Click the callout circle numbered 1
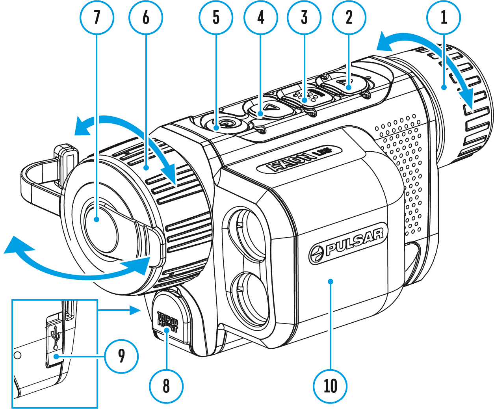[444, 17]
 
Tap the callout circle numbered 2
[349, 17]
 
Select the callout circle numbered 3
[304, 17]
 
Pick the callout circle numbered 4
[261, 17]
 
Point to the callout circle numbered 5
[216, 17]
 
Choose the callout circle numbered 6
[146, 17]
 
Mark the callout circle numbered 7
[97, 17]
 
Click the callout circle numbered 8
[166, 386]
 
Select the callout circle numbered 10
[331, 386]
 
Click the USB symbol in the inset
[56, 336]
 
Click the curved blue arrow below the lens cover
[79, 264]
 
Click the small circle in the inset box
[17, 355]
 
